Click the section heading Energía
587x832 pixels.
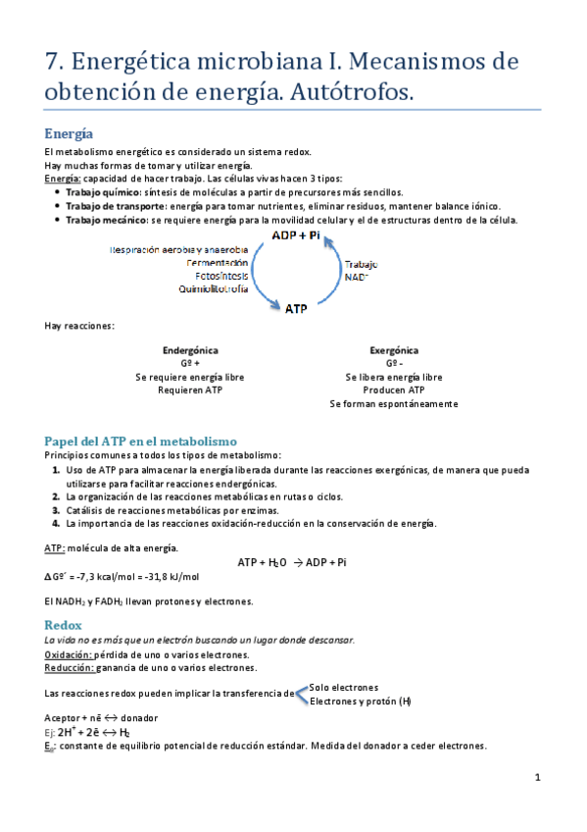pos(69,133)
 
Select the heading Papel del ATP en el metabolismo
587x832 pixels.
pos(141,441)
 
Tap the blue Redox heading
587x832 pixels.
pos(64,625)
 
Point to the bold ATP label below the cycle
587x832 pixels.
pos(296,309)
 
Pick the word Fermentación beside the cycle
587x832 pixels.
pos(217,263)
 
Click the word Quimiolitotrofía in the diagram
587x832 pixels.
pos(214,289)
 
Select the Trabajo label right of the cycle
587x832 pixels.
pos(361,265)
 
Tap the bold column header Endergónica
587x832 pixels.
pos(190,350)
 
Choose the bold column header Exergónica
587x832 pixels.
pos(394,350)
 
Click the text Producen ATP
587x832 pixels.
pos(394,390)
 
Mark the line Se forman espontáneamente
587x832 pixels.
pos(394,403)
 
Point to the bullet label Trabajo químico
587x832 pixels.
pos(103,193)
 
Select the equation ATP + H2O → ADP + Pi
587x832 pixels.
pos(291,562)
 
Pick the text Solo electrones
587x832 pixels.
pos(344,687)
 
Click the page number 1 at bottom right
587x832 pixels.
pos(538,778)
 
